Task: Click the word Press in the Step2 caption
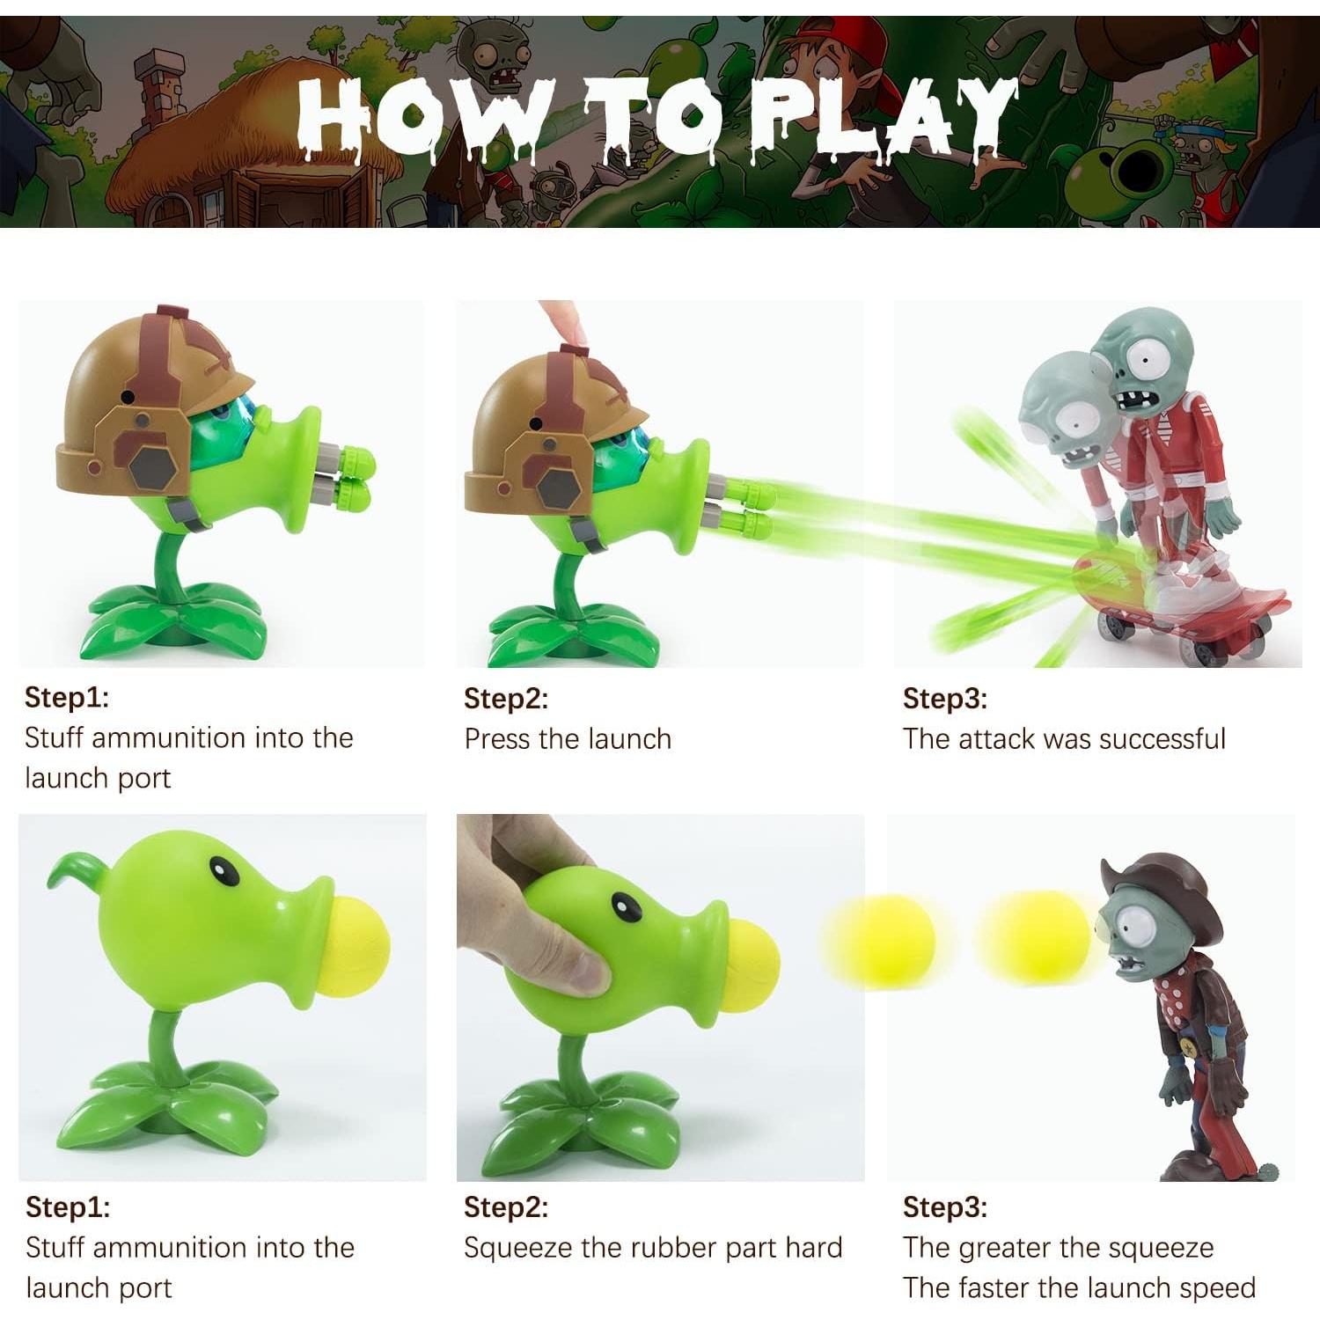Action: click(497, 738)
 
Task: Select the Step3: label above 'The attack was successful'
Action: click(944, 699)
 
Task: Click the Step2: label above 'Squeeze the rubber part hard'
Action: click(506, 1207)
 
